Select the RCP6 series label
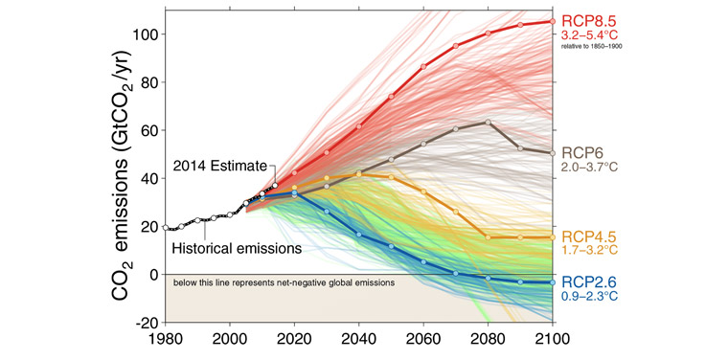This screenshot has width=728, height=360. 583,150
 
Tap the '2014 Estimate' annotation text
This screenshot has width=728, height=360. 216,166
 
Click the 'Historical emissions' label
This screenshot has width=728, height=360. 237,248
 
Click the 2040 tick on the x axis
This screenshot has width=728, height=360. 357,339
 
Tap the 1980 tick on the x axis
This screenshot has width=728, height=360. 165,339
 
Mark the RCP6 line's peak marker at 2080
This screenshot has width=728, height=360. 489,123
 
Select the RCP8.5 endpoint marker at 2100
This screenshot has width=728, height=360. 552,21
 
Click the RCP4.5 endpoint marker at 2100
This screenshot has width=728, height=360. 552,236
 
